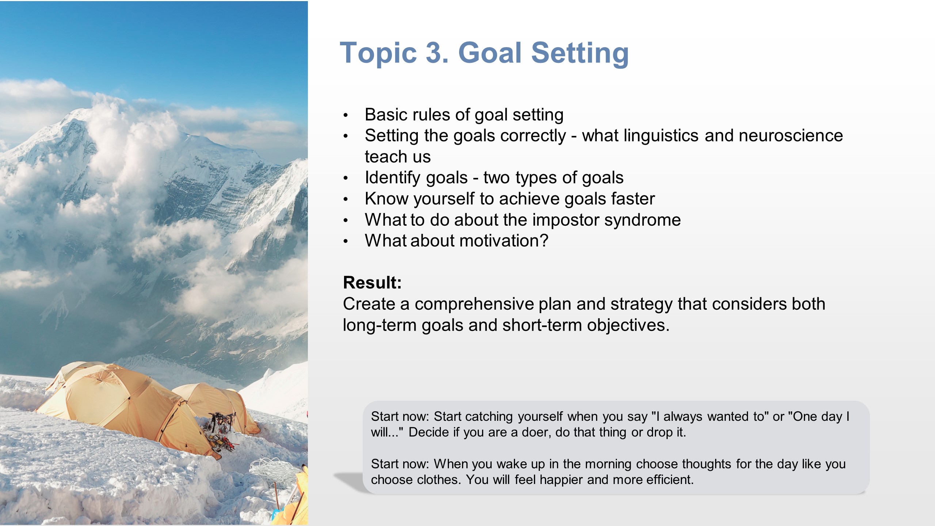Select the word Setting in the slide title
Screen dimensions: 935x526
(580, 53)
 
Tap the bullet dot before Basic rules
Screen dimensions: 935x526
(346, 115)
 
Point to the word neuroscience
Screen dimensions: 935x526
(791, 136)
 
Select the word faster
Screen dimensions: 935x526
(633, 199)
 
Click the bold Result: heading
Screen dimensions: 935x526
(372, 282)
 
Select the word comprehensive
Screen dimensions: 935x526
(474, 304)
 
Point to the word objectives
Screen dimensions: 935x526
(628, 325)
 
